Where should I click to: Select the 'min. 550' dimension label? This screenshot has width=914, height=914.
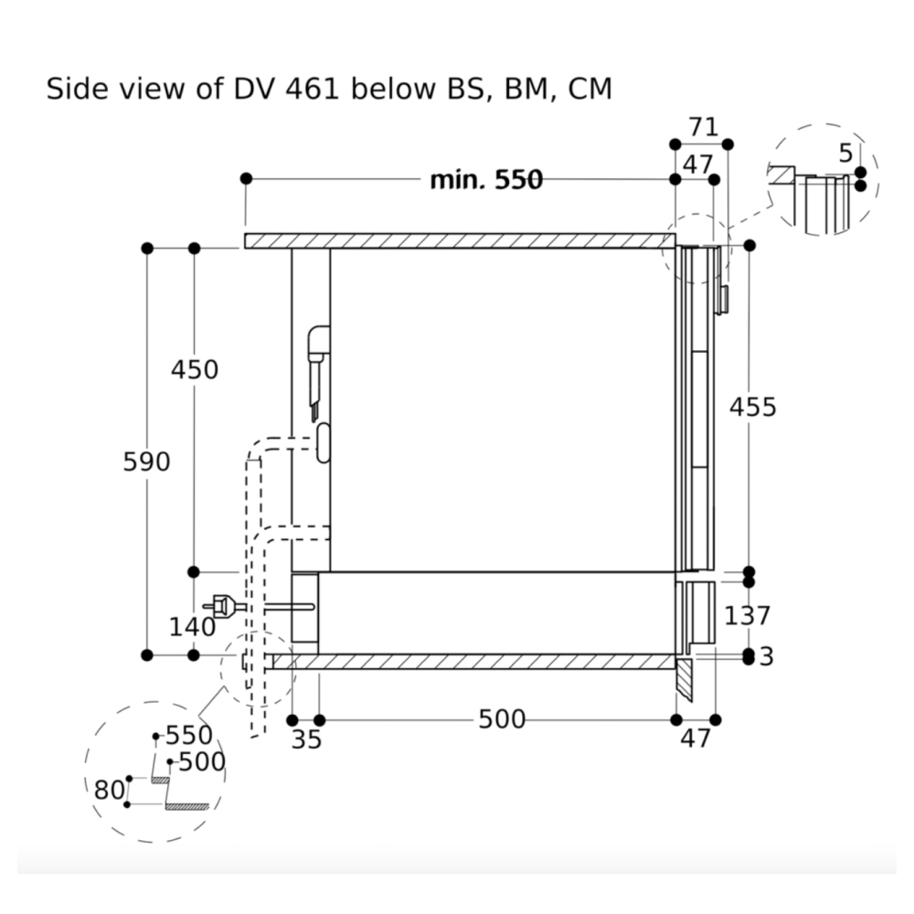[486, 180]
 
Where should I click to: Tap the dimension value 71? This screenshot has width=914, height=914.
[703, 127]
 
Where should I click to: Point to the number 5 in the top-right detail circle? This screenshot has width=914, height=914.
[845, 152]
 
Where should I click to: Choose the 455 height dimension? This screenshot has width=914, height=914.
[752, 407]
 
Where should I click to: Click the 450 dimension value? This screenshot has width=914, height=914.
[195, 370]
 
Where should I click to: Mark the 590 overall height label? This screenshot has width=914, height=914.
[146, 462]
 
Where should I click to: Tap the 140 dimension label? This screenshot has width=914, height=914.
[192, 627]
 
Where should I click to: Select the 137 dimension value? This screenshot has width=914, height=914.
[748, 616]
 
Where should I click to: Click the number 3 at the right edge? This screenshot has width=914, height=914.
[766, 656]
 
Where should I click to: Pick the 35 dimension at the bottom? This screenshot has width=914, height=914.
[306, 739]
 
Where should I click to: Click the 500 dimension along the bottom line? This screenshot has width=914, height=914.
[502, 720]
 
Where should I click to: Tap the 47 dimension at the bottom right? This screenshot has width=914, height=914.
[696, 739]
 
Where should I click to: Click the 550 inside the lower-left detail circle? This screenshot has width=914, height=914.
[188, 736]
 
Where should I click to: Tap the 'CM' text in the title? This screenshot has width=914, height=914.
[590, 90]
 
